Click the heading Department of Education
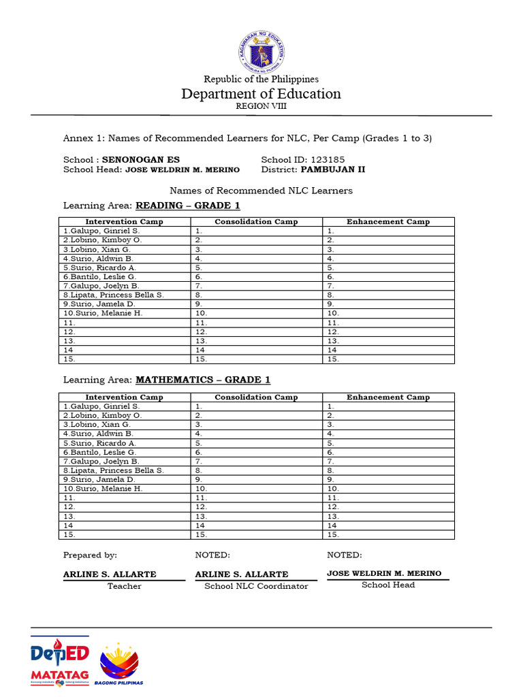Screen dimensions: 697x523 [x=261, y=94]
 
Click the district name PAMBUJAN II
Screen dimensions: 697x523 [x=337, y=169]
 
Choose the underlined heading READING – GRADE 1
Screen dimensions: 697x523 [x=188, y=206]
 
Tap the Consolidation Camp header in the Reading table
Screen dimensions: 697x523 [x=256, y=222]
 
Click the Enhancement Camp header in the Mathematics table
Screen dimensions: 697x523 [x=388, y=398]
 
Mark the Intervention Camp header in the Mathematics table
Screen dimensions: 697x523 [x=124, y=398]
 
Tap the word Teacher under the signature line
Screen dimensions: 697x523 [x=125, y=586]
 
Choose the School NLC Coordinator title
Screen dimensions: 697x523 [x=256, y=586]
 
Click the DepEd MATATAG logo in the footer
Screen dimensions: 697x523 [x=60, y=662]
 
